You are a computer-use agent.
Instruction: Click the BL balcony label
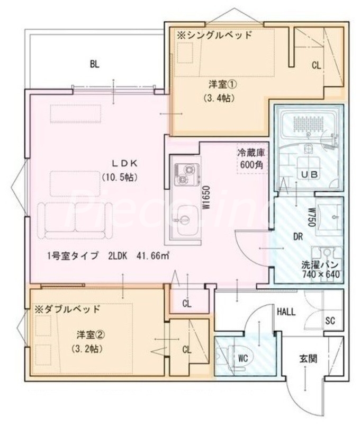(94, 65)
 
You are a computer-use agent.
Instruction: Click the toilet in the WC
(229, 357)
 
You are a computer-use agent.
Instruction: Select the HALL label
(286, 312)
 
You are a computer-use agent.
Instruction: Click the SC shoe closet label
(330, 321)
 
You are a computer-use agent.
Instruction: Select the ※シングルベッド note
(214, 36)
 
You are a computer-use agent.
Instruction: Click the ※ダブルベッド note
(67, 308)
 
